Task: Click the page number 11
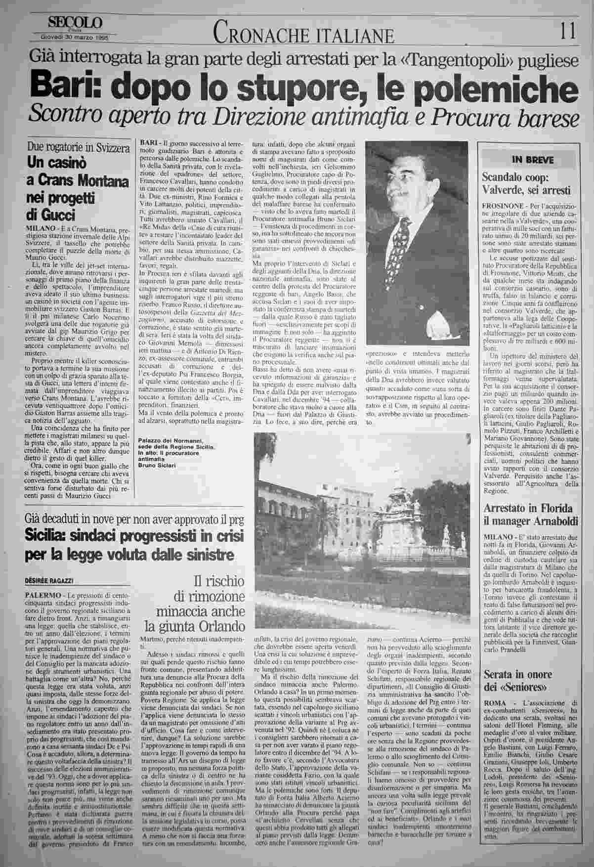click(568, 33)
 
